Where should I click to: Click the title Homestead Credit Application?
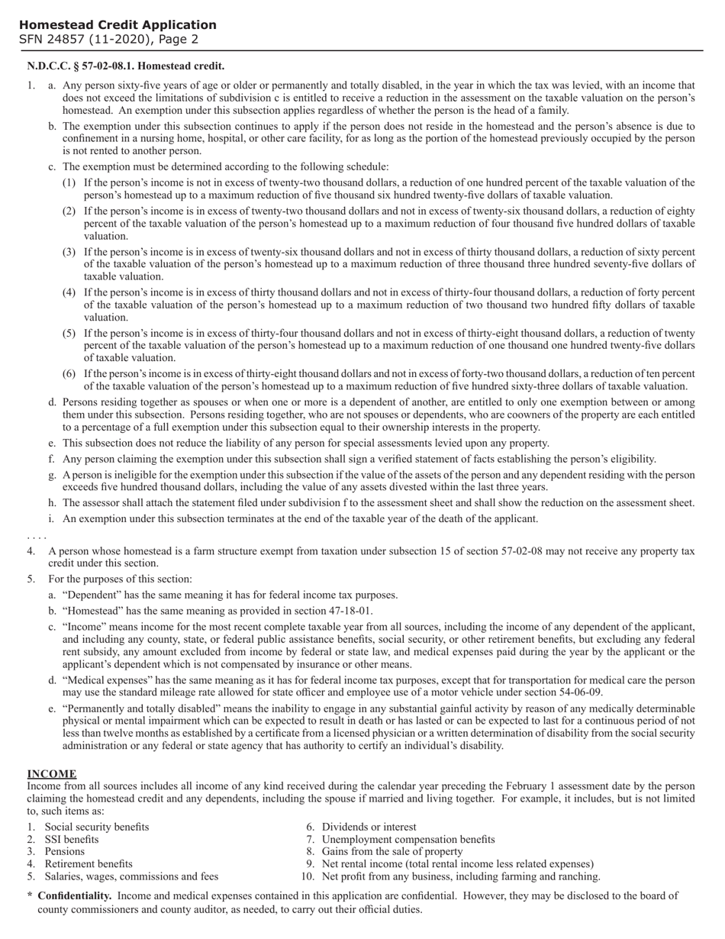tap(118, 24)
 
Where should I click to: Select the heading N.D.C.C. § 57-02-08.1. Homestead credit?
tap(126, 66)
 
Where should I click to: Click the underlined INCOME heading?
tap(51, 773)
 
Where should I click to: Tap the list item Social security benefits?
tap(97, 827)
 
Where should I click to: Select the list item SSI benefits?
tap(72, 839)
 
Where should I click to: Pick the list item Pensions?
tap(65, 851)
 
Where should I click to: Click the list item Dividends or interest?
tap(369, 827)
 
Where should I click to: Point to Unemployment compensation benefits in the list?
tap(408, 839)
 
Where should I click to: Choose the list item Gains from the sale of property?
tap(392, 851)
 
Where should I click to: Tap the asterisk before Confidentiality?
tap(30, 896)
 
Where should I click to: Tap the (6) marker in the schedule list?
tap(69, 373)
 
